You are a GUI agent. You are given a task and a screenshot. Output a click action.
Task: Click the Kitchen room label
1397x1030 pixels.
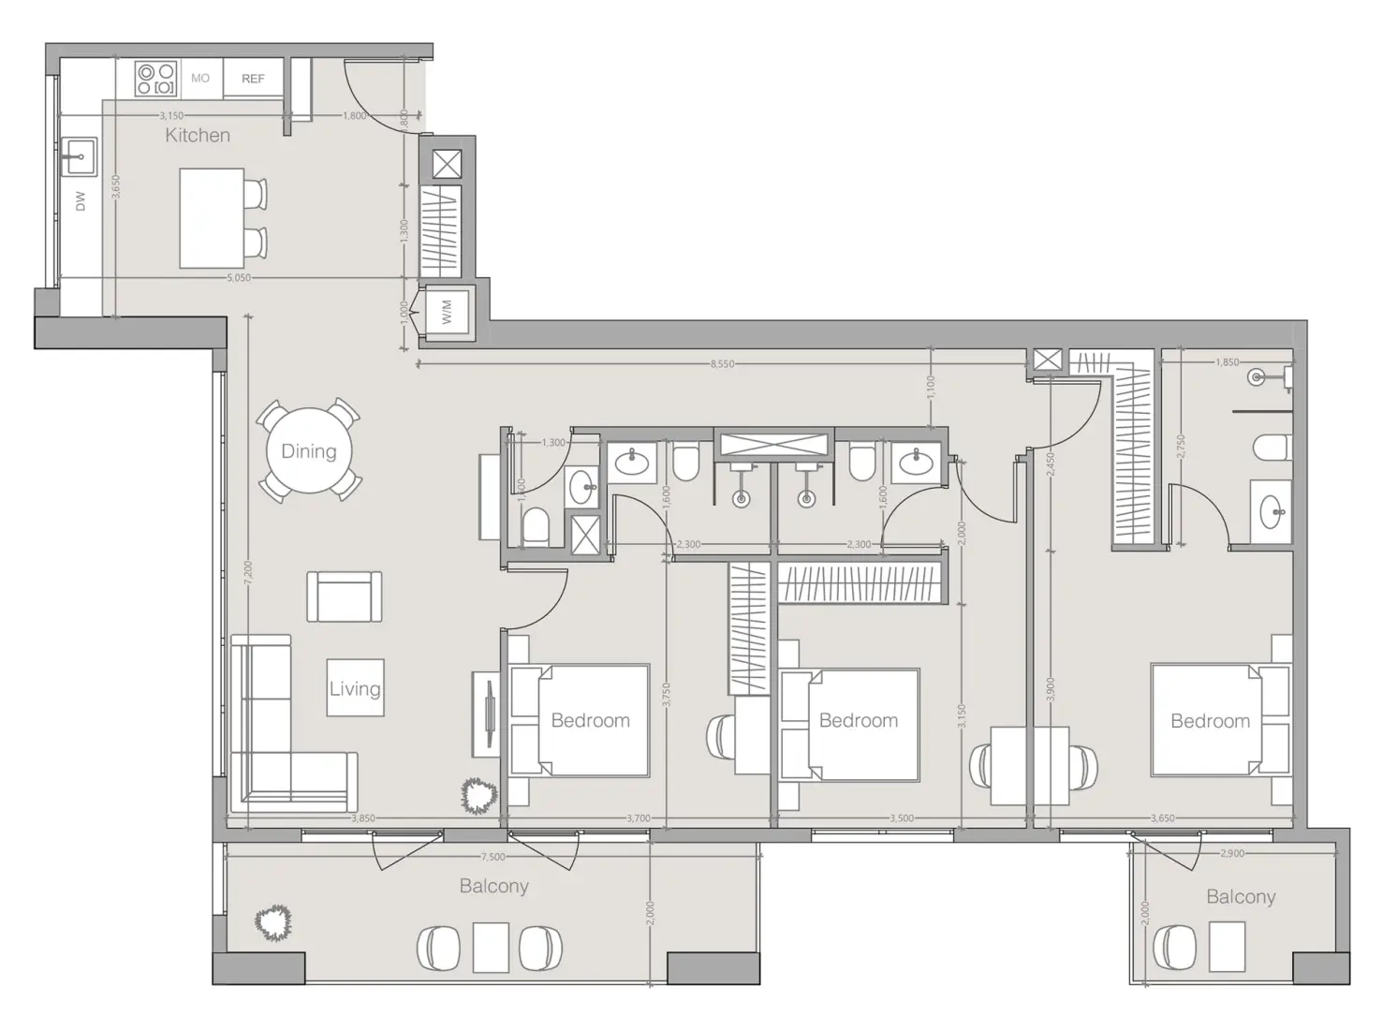[x=197, y=135]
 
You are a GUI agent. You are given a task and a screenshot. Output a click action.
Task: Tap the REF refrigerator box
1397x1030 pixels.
[x=253, y=80]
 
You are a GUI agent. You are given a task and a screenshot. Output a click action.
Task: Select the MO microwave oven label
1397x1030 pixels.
[x=200, y=79]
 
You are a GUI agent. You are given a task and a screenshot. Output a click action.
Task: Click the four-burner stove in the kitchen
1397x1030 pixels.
[x=155, y=79]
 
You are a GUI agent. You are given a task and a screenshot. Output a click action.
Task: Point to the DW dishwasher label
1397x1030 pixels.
[x=81, y=200]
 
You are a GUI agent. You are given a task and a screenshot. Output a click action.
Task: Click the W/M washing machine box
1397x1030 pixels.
[x=448, y=312]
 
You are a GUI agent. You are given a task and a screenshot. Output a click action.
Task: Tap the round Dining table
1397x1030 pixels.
[x=308, y=451]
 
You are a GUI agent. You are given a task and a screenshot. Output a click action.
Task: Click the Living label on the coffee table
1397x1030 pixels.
[x=355, y=689]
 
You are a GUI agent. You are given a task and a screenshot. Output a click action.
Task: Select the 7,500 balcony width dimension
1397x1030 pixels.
[x=493, y=856]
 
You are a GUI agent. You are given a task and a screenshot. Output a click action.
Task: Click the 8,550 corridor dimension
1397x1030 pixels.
[x=722, y=364]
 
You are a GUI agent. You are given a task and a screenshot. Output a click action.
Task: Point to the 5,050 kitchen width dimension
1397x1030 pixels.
[x=239, y=278]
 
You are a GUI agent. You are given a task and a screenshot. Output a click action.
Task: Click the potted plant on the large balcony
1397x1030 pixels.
[x=273, y=922]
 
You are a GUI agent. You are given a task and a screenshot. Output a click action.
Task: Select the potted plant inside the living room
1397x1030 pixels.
[x=478, y=796]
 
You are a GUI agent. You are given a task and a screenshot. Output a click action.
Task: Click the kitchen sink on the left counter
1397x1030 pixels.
[x=79, y=156]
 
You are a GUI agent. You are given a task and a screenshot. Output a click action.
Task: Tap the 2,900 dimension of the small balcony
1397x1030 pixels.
[x=1232, y=854]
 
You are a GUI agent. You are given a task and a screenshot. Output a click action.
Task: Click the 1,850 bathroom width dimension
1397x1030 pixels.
[x=1227, y=362]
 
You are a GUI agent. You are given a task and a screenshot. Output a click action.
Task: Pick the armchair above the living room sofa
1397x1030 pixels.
[x=345, y=596]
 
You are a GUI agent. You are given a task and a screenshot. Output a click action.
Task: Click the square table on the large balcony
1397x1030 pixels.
[x=491, y=948]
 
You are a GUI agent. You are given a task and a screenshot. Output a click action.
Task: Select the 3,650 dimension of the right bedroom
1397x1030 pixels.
[x=1161, y=818]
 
